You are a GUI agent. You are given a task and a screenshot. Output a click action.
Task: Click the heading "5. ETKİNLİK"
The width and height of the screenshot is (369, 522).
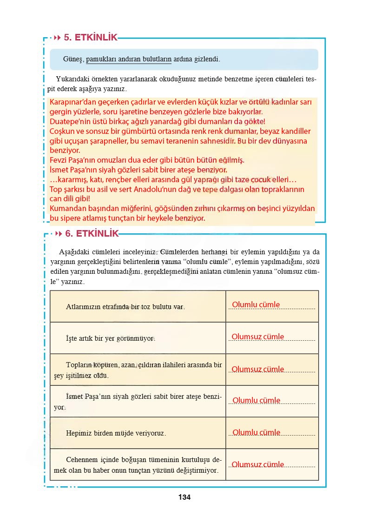click(x=91, y=38)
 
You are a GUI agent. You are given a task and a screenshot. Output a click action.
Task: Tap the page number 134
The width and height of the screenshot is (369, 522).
click(x=184, y=497)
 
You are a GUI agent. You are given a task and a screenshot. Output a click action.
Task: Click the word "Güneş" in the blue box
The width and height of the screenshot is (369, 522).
click(x=72, y=59)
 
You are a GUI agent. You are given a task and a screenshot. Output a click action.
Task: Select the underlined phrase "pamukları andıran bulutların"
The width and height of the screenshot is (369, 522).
click(x=129, y=59)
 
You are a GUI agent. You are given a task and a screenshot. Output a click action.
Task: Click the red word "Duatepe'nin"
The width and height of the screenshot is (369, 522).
click(x=68, y=122)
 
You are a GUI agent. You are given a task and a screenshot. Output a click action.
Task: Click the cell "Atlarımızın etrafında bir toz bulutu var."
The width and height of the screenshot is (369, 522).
click(x=125, y=307)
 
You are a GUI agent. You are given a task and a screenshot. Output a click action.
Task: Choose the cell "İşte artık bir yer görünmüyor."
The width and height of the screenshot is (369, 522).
click(x=110, y=338)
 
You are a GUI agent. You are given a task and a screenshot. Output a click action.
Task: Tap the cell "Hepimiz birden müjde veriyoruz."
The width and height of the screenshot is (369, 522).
click(x=116, y=433)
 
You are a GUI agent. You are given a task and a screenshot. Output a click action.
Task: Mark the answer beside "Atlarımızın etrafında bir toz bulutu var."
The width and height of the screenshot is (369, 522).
click(x=256, y=305)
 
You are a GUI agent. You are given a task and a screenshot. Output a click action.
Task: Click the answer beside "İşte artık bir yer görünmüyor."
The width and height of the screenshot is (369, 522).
click(x=258, y=337)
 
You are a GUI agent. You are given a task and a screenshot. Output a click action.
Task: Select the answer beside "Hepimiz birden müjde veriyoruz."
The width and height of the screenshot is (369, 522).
click(x=257, y=433)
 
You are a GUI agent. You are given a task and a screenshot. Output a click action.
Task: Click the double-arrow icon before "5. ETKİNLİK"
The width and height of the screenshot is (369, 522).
click(x=58, y=38)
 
